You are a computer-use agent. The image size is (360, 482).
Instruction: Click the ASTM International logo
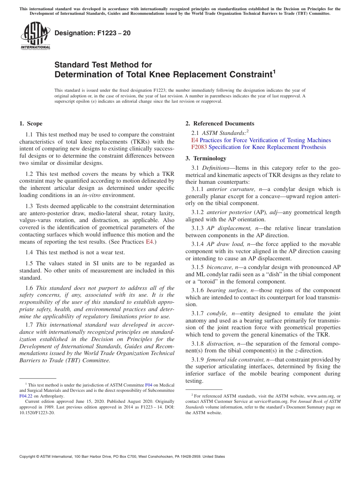(35, 36)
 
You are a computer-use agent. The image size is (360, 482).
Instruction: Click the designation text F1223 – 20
(92, 33)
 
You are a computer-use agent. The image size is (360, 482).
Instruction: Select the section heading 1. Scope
(31, 124)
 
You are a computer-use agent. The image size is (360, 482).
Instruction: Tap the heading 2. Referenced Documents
(220, 124)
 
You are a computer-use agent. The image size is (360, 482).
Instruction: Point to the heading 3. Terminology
(206, 158)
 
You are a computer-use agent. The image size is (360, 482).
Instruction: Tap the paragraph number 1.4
(30, 252)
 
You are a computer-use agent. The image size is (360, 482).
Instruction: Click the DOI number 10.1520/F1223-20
(37, 413)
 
